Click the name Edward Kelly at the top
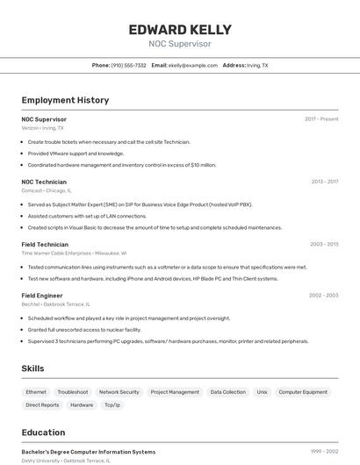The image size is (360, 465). [180, 29]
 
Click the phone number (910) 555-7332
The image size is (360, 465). [128, 65]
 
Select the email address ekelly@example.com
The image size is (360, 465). [193, 65]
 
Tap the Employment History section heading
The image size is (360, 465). [65, 100]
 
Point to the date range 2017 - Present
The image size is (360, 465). [321, 118]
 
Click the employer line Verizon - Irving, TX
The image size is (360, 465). [42, 127]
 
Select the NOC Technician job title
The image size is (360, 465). [44, 182]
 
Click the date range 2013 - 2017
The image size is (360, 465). [325, 182]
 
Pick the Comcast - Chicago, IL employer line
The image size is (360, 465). [47, 190]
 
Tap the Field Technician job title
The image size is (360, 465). [45, 244]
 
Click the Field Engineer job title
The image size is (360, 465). [42, 296]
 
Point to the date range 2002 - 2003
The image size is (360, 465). [324, 296]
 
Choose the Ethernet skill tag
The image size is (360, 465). [36, 392]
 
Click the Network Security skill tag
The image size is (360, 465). [119, 392]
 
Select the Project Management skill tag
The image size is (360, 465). [175, 392]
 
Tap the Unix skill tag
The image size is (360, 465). [262, 392]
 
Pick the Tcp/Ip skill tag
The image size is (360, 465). [112, 405]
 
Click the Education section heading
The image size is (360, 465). [43, 433]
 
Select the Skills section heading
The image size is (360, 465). [32, 368]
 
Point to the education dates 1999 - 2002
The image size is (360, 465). [324, 452]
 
